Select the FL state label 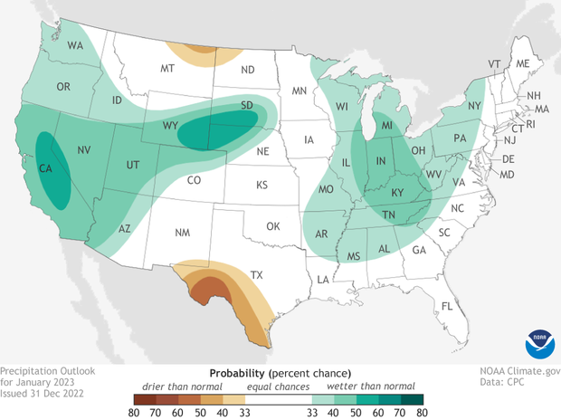446,306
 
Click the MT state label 167,69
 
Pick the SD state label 246,105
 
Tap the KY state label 398,193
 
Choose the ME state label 522,63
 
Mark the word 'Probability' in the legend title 237,373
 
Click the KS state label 261,185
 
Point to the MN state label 299,91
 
